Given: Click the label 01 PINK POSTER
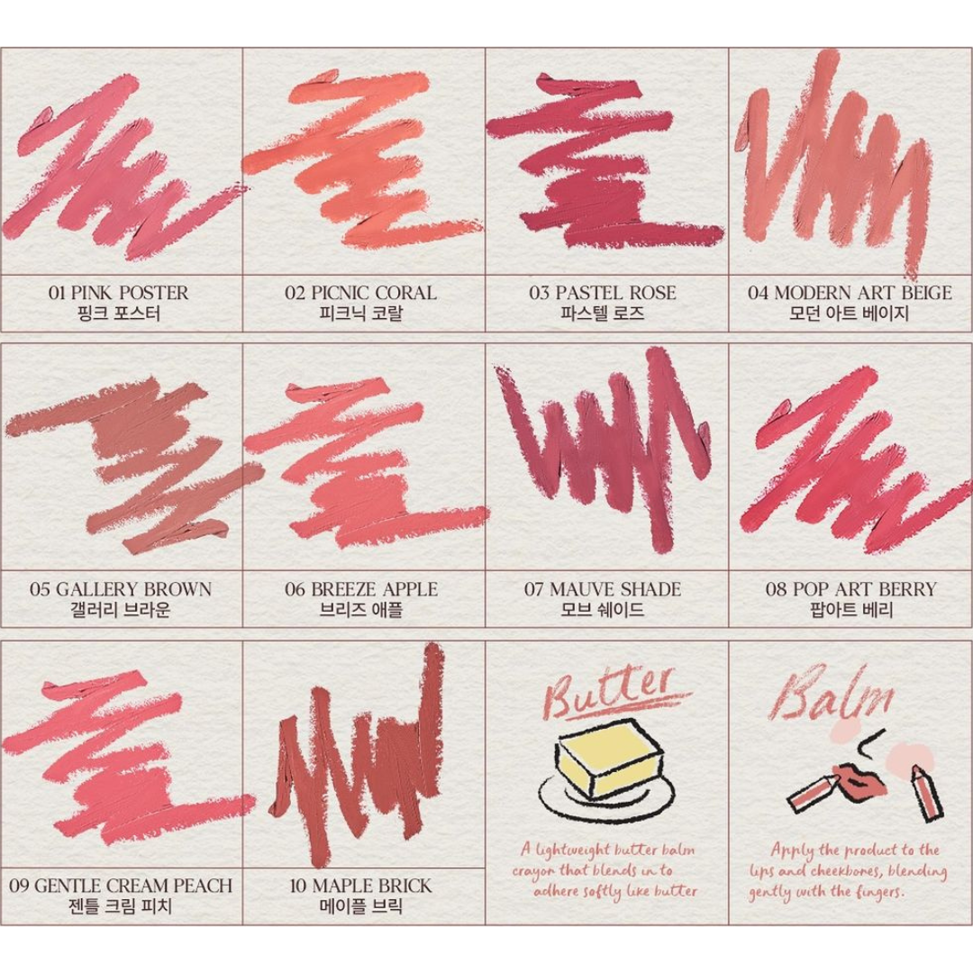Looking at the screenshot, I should pos(119,293).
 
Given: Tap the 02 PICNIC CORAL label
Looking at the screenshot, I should pos(361,293).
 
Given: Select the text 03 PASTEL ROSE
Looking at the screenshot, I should pos(603,293).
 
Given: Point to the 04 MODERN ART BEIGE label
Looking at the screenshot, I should pos(850,293).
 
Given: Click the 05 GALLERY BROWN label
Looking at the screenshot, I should pos(121,589).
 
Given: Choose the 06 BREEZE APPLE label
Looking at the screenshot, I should pos(361,589).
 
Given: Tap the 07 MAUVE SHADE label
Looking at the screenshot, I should pos(603,589).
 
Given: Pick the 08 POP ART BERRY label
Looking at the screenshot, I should pos(851,589).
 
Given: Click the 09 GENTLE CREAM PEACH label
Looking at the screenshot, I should pos(121,886).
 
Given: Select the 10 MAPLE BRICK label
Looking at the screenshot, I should pos(360,886).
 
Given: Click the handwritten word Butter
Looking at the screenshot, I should pos(611,696).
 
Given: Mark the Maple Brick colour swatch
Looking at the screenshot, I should pos(360,757).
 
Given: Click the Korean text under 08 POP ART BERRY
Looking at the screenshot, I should pos(851,610).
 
